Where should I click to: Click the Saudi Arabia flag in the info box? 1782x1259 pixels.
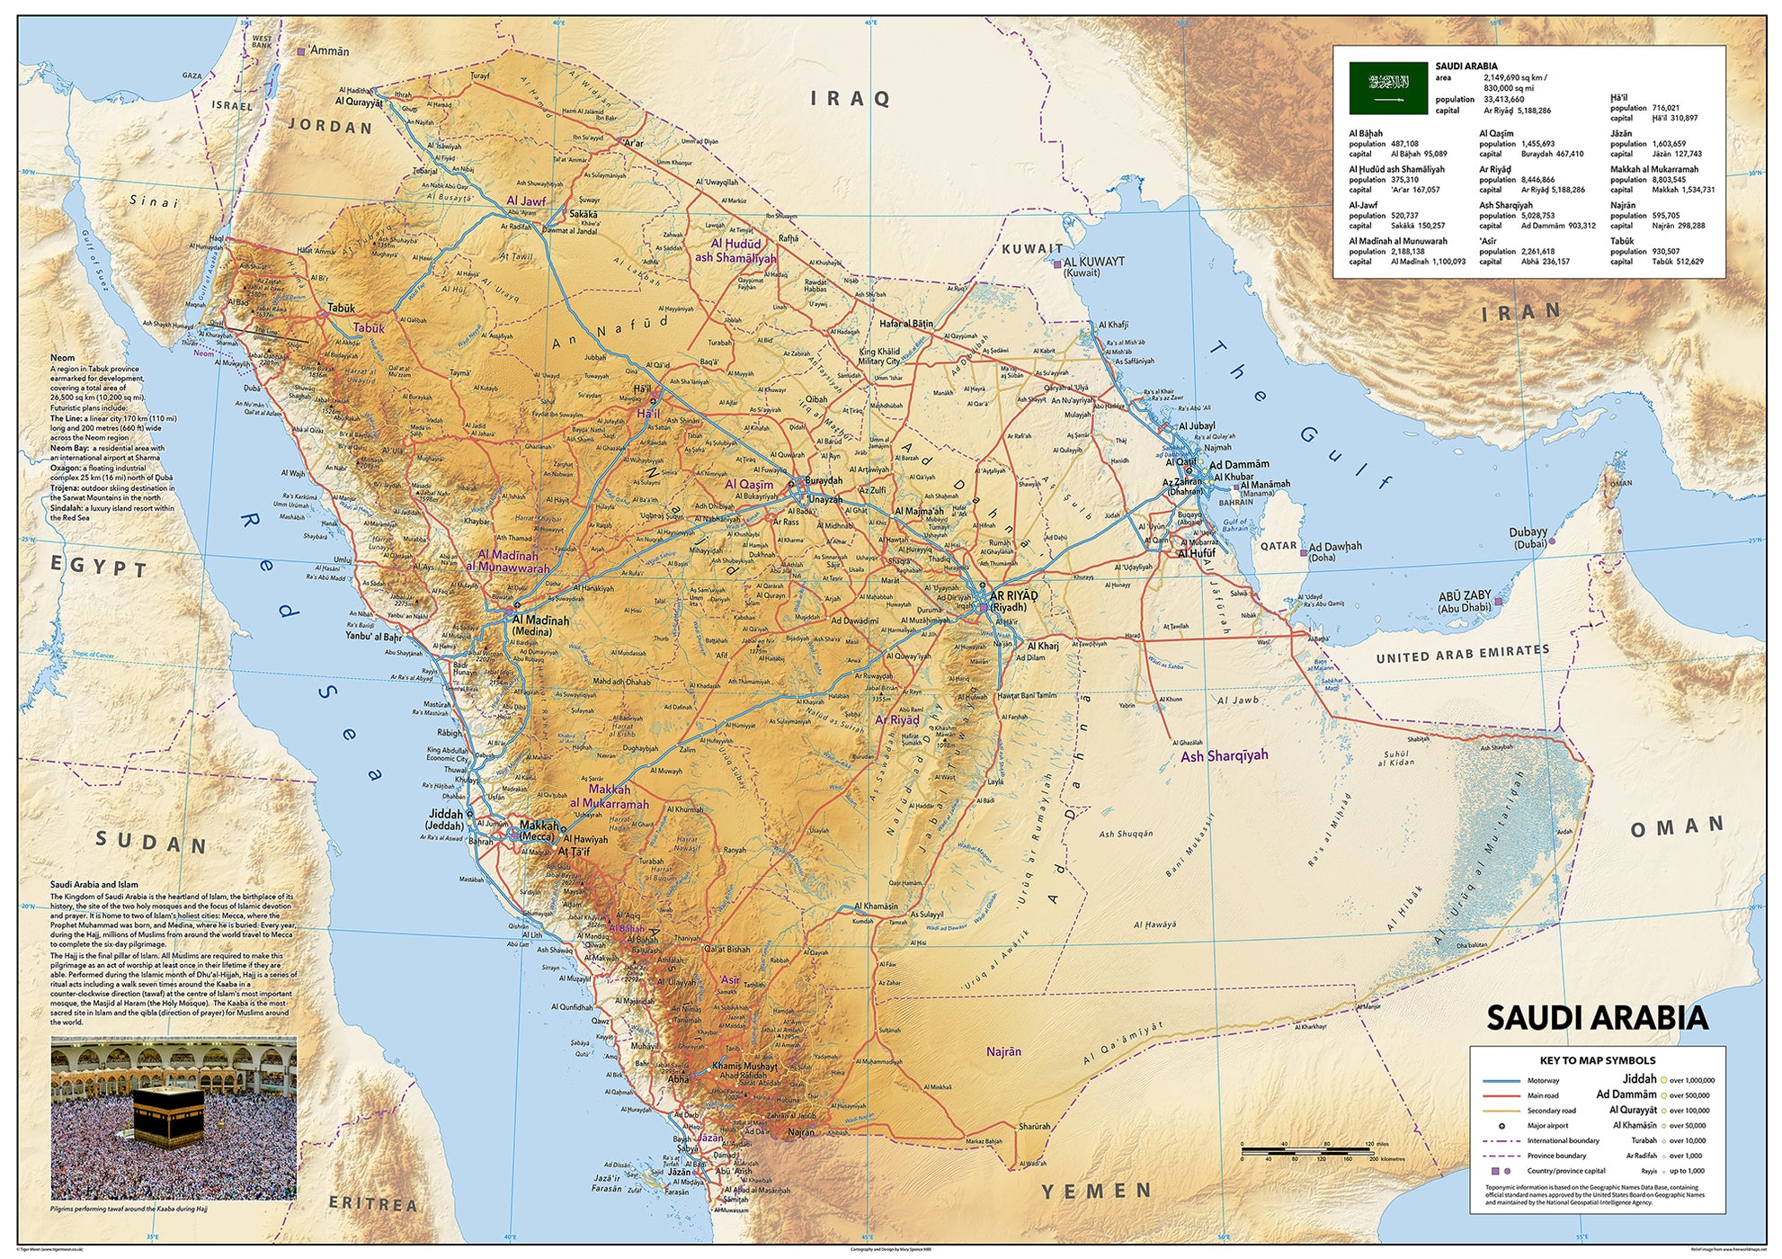tap(1387, 88)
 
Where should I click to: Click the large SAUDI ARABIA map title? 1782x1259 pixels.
tap(1596, 1018)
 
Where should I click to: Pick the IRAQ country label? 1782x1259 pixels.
tap(850, 99)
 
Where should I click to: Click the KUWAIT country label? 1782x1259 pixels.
tap(1032, 249)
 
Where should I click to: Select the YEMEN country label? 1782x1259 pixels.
tap(1096, 1192)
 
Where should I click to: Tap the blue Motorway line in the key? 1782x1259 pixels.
tap(1501, 1081)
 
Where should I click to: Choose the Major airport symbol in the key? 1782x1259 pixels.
tap(1501, 1126)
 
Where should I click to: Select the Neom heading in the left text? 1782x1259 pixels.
tap(62, 358)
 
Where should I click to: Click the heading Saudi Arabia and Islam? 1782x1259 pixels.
tap(94, 885)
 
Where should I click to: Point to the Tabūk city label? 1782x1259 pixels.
tap(341, 308)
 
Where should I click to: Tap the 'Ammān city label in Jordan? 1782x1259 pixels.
tap(329, 51)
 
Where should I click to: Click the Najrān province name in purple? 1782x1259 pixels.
tap(1003, 1051)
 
